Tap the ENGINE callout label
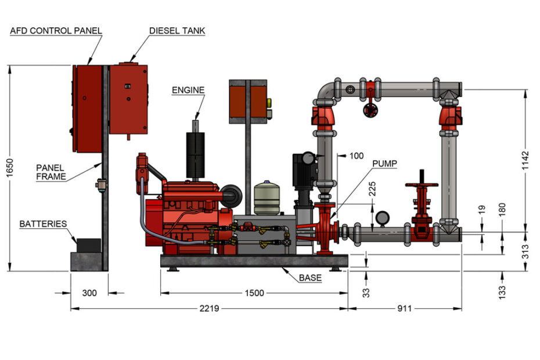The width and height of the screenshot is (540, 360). (188, 89)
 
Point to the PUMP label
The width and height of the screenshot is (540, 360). (385, 164)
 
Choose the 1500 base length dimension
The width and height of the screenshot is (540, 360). (254, 293)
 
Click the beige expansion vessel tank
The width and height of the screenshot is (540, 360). (267, 199)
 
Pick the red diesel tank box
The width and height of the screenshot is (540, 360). (128, 99)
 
